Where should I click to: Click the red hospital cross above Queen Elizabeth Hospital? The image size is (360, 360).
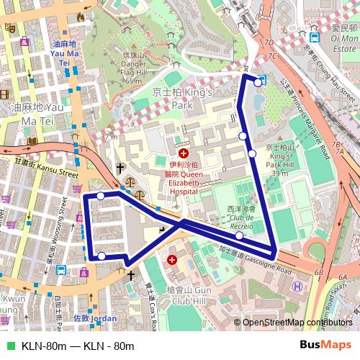coord(184,153)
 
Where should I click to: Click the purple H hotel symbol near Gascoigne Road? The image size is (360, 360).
coord(297,287)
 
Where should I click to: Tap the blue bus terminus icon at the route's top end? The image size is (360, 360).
coord(261,80)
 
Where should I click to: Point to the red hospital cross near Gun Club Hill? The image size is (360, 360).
coord(172,259)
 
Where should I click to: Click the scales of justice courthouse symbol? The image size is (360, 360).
coord(130,184)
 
